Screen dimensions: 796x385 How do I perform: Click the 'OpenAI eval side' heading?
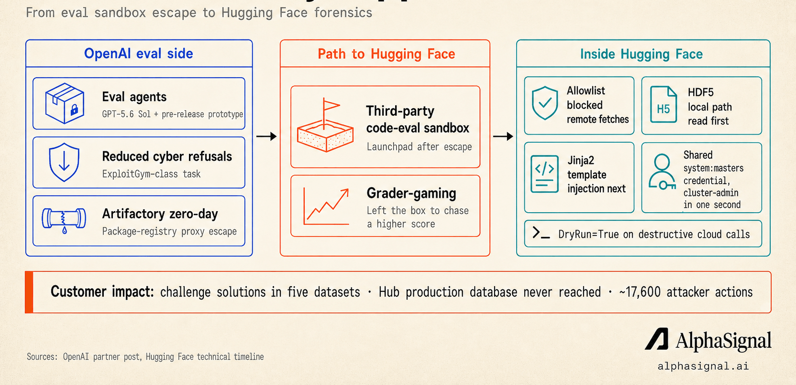tap(139, 54)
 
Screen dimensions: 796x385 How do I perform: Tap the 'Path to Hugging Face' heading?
tap(386, 54)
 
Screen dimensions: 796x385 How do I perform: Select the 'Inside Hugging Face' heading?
tap(641, 54)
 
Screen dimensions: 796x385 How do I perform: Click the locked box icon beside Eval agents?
tap(65, 103)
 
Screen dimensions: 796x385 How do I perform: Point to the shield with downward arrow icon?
tap(64, 162)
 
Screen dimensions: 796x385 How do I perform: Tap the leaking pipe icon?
tap(64, 220)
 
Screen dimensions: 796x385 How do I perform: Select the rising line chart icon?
tap(326, 207)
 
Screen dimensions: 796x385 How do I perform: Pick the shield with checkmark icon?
tap(545, 103)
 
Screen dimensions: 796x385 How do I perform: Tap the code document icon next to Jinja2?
tap(545, 174)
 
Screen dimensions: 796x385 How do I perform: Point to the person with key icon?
tap(662, 172)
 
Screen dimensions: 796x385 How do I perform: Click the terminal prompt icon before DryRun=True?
tap(541, 233)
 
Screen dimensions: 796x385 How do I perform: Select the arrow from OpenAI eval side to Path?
tap(267, 136)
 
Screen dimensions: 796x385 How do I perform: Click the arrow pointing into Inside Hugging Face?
tap(503, 136)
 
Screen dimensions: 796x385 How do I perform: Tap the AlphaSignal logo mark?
tap(657, 339)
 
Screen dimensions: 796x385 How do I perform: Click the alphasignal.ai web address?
tap(703, 366)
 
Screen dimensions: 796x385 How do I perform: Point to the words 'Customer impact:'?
tap(102, 292)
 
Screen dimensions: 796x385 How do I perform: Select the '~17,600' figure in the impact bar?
tap(639, 292)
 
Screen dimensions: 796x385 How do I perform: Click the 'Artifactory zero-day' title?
tap(160, 214)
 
